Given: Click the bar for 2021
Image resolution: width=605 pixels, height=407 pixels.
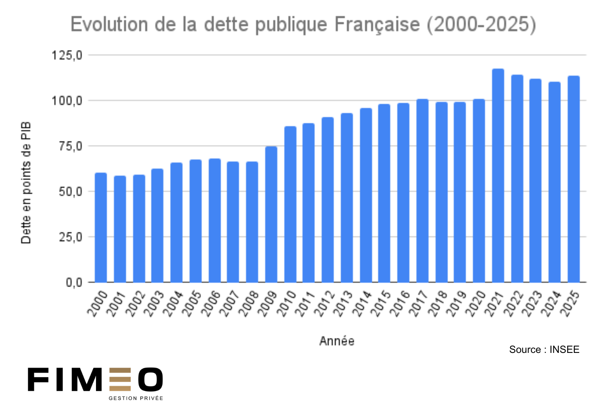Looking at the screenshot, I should [498, 176].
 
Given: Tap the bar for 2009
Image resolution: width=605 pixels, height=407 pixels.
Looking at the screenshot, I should [271, 214].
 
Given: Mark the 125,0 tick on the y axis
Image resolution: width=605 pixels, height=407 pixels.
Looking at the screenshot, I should [67, 55].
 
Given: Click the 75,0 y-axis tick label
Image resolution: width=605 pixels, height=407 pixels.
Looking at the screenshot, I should [70, 146].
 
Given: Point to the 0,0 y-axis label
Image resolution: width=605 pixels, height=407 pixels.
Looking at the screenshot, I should [74, 282].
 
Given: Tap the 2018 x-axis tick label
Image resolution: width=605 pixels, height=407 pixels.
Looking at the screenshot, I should [438, 304].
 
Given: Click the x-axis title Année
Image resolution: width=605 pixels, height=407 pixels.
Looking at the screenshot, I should [337, 341].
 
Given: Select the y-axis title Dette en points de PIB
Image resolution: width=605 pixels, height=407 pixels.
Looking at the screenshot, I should [26, 183].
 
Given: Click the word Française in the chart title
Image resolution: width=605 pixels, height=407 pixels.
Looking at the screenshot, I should [377, 25].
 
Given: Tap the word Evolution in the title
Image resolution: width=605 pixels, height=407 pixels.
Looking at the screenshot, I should [109, 25].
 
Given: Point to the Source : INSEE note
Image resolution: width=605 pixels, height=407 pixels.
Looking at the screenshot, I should [544, 350].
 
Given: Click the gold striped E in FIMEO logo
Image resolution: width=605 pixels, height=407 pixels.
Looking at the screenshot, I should [120, 380].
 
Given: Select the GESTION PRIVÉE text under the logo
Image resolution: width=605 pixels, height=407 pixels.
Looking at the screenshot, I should [136, 398].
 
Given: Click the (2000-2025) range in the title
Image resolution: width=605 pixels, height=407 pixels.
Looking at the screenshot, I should [482, 25].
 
